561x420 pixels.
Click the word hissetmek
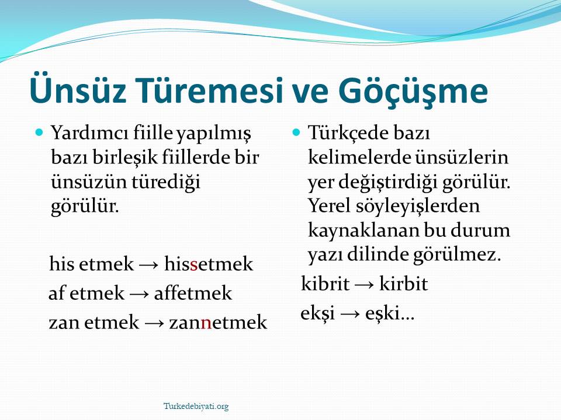point(209,264)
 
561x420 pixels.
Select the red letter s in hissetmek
point(194,266)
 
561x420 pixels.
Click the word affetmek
point(193,293)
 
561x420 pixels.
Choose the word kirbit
point(403,283)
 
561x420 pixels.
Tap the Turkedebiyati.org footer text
point(196,407)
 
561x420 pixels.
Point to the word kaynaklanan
point(363,230)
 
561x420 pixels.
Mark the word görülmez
point(457,255)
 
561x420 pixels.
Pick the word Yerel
point(329,205)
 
